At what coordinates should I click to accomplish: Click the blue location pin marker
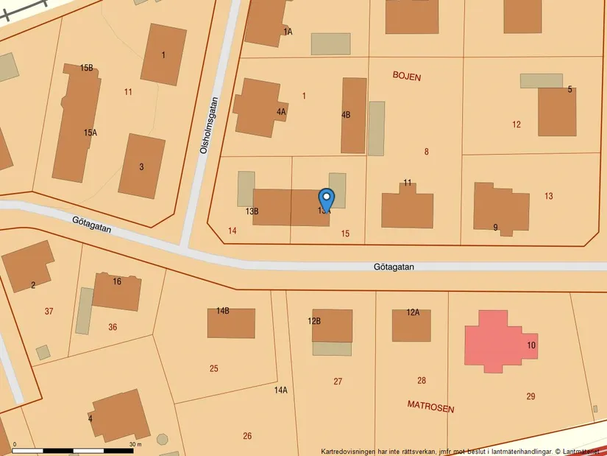click(326, 199)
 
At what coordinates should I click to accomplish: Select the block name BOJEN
click(407, 77)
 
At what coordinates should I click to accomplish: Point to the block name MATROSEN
click(430, 408)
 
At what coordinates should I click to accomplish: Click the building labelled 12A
click(411, 325)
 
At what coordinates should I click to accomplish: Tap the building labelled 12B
click(332, 326)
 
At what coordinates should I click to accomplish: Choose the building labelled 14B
click(231, 323)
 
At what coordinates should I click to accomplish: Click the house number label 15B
click(87, 69)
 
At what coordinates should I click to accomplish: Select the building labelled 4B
click(354, 116)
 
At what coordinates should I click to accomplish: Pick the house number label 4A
click(281, 112)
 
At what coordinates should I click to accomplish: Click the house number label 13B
click(252, 211)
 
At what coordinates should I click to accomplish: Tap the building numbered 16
click(117, 291)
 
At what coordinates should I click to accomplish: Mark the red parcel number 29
click(530, 396)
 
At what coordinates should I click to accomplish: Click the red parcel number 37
click(49, 312)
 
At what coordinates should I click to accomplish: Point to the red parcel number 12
click(517, 124)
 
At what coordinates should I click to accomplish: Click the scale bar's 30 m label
click(135, 444)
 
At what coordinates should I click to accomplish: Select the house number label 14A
click(280, 390)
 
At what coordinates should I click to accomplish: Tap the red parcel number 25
click(213, 368)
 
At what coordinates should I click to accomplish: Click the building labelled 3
click(141, 166)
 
